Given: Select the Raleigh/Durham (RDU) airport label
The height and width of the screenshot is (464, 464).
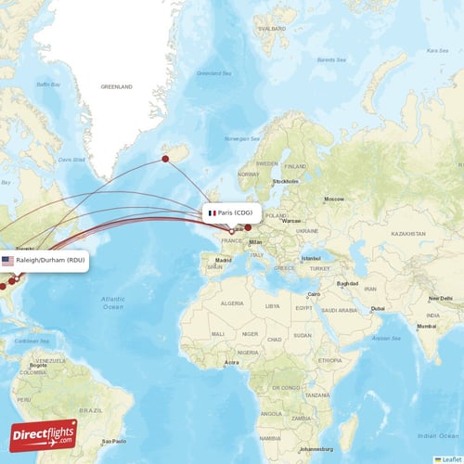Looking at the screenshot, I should pos(51,260).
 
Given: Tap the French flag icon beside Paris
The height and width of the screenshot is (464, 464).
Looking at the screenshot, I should pos(213,213).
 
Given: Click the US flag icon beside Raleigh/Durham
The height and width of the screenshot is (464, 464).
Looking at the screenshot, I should pos(8,261).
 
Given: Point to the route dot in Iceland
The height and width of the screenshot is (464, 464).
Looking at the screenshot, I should pos(165,159).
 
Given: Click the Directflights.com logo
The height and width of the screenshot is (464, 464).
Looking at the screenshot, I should pos(44,434).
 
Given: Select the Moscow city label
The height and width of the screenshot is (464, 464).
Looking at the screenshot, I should pos(333,200).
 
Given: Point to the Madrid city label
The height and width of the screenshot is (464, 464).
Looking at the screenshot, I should pos(224,261).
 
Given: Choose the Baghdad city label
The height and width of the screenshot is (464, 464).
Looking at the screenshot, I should pos(348,283).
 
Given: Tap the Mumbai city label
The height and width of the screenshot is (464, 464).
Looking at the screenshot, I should pos(426,326).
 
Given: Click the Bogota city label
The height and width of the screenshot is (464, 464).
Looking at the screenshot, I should pos(38,366).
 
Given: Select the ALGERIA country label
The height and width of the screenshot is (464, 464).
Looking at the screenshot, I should pos(232,303).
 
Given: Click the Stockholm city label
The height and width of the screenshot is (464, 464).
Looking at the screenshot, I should pos(285,181).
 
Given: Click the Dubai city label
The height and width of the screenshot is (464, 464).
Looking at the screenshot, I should pos(376,308).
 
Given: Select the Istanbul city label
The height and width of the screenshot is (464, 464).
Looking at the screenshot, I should pos(311,258).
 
